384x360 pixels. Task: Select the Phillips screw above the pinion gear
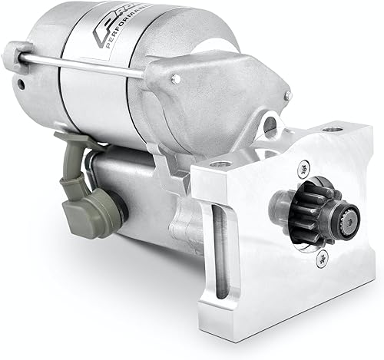coord(305,168)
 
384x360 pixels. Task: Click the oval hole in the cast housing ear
coord(270,123)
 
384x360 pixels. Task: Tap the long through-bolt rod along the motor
coord(84,64)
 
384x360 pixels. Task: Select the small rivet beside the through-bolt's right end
coord(177,78)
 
